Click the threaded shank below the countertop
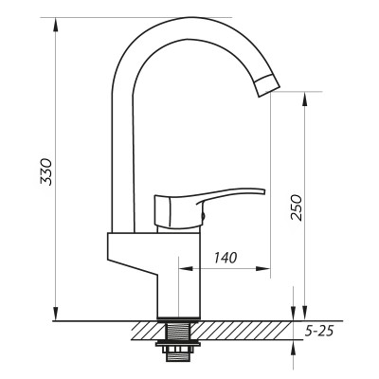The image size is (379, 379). (x=176, y=333)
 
